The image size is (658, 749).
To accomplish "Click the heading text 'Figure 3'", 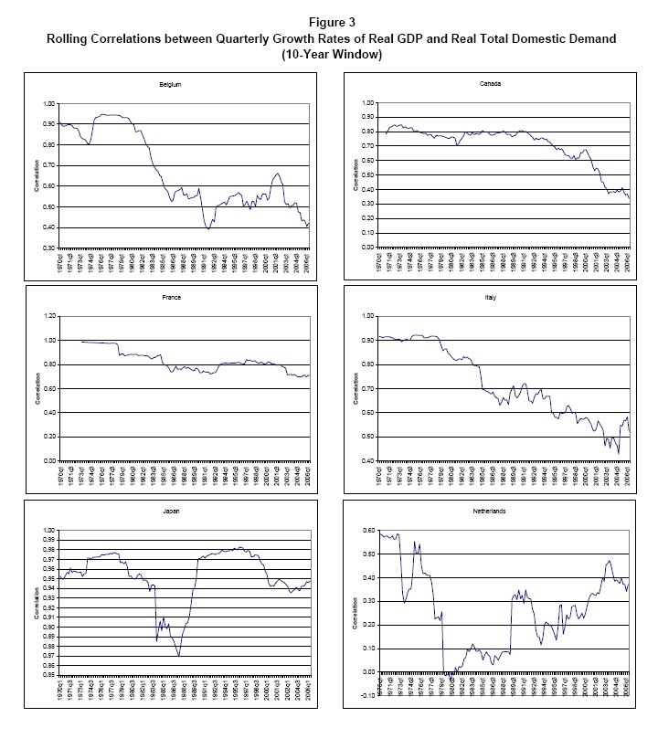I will [x=328, y=21].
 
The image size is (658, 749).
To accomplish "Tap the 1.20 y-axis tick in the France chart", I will [x=48, y=316].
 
